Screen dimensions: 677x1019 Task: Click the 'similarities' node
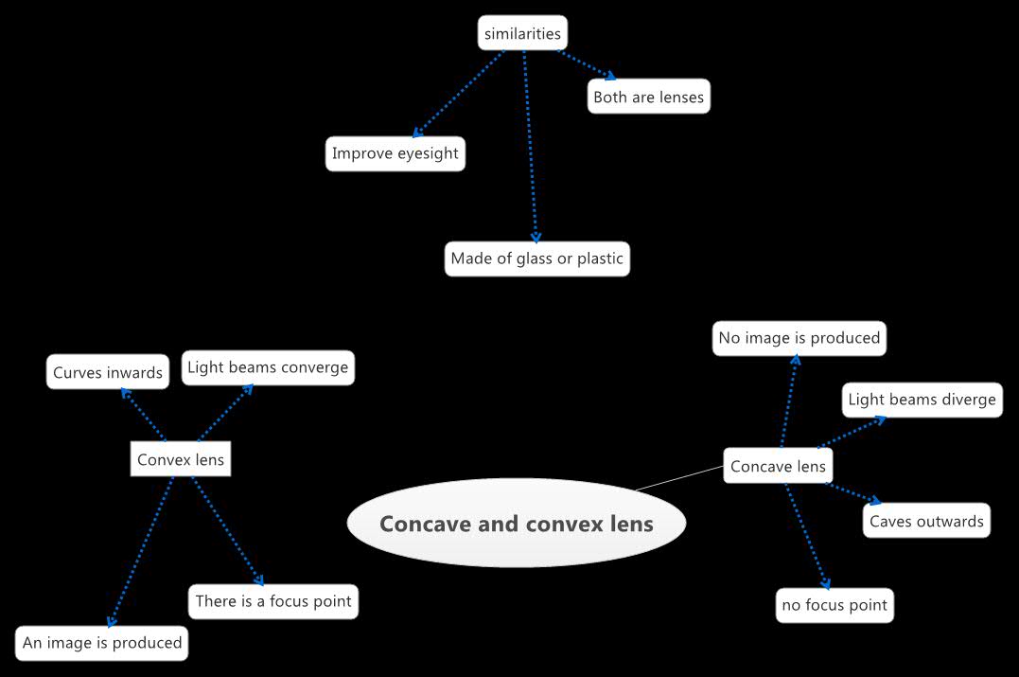click(x=522, y=34)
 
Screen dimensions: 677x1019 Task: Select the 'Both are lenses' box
click(x=648, y=97)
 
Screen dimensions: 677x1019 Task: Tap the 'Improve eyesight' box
click(x=395, y=153)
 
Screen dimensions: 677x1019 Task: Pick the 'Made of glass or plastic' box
click(x=536, y=258)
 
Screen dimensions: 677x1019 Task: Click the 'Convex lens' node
click(x=181, y=460)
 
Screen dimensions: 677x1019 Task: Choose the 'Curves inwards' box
click(x=108, y=372)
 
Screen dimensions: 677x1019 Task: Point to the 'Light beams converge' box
click(x=268, y=367)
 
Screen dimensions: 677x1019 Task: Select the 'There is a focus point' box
click(x=273, y=601)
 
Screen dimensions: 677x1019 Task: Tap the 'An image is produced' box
click(x=102, y=643)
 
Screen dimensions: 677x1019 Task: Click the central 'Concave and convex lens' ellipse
click(x=516, y=524)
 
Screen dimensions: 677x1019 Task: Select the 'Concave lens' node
click(x=778, y=466)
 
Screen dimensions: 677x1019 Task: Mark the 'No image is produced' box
click(x=799, y=338)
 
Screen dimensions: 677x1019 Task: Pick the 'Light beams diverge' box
click(x=922, y=400)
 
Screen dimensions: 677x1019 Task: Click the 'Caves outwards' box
click(x=926, y=521)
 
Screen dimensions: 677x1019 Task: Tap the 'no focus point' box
click(x=835, y=605)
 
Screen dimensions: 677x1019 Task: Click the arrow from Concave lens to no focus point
click(x=807, y=535)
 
